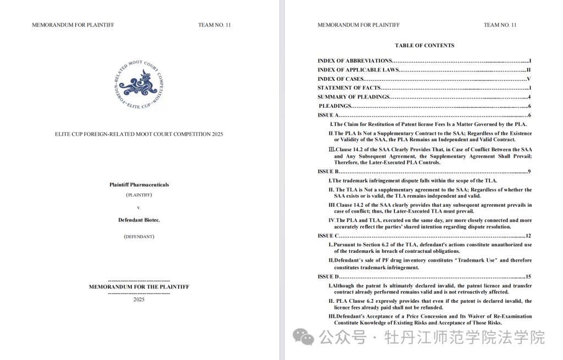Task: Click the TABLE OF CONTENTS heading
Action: (x=424, y=46)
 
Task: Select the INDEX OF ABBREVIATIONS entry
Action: (x=355, y=60)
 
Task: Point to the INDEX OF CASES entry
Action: (x=341, y=79)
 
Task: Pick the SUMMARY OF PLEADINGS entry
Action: (x=354, y=97)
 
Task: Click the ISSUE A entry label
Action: (x=328, y=115)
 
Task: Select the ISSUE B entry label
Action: (x=328, y=171)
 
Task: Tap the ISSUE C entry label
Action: (x=328, y=236)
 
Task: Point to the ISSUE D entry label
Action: (x=328, y=276)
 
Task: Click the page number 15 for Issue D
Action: (x=528, y=276)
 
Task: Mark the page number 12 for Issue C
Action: (x=528, y=236)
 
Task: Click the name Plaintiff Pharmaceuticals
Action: (x=139, y=185)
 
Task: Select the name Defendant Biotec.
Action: (x=139, y=220)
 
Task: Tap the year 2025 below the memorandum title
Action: (x=139, y=300)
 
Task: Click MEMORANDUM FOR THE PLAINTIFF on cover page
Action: (x=139, y=287)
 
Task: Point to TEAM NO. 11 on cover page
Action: (x=214, y=25)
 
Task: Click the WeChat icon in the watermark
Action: (x=303, y=336)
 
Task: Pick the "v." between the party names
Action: (x=139, y=208)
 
